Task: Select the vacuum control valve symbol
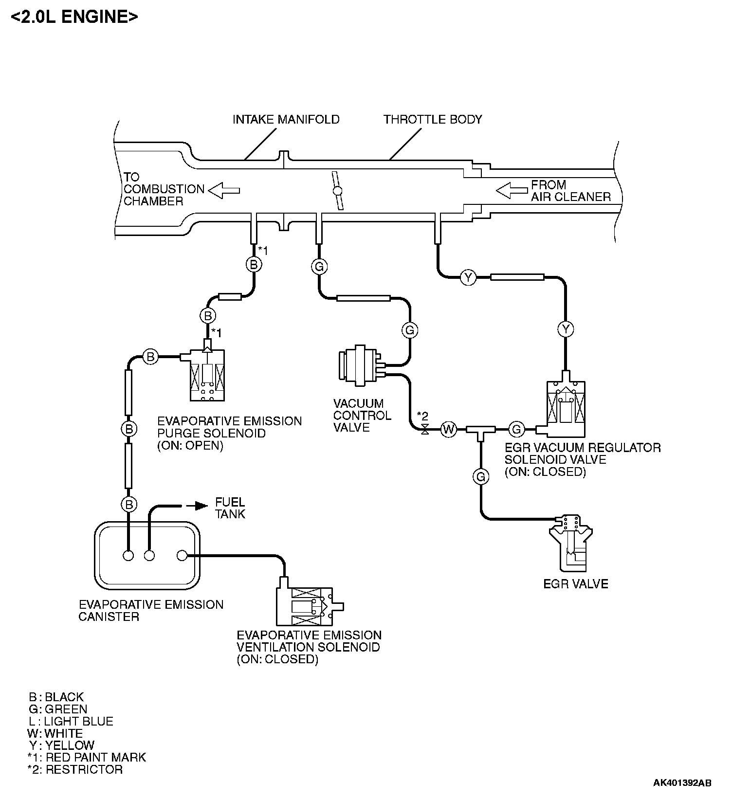(362, 366)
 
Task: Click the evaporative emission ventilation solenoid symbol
(310, 601)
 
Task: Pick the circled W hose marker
(448, 429)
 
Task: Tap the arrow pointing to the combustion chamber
(224, 190)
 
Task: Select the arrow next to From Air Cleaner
(512, 190)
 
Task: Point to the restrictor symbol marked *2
(425, 430)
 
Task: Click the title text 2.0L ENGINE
(74, 17)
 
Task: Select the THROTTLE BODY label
(433, 119)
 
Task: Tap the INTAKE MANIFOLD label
(286, 119)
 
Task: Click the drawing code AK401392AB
(682, 783)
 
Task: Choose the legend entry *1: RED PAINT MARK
(87, 757)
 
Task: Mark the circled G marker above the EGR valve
(481, 476)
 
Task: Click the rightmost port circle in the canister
(182, 555)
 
